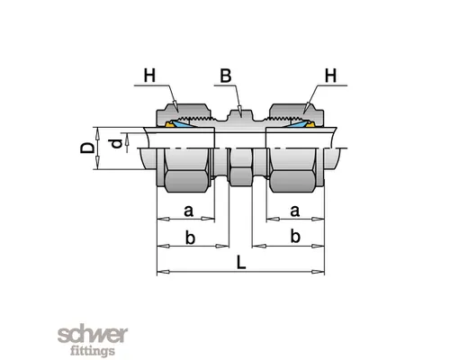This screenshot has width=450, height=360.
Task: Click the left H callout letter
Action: pyautogui.click(x=149, y=76)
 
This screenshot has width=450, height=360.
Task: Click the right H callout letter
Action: pyautogui.click(x=330, y=76)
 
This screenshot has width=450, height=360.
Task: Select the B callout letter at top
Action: pyautogui.click(x=226, y=76)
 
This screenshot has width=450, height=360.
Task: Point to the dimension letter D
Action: pyautogui.click(x=87, y=148)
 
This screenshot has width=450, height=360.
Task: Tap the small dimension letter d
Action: pyautogui.click(x=117, y=144)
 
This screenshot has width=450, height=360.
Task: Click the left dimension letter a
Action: pyautogui.click(x=188, y=211)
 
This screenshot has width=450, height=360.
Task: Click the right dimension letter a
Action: pyautogui.click(x=294, y=211)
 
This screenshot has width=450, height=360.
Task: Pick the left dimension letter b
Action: pyautogui.click(x=190, y=238)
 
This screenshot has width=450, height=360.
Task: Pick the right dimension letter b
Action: pyautogui.click(x=295, y=236)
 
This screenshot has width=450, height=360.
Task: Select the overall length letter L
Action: pyautogui.click(x=241, y=262)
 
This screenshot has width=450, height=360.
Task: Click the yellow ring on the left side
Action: pyautogui.click(x=170, y=124)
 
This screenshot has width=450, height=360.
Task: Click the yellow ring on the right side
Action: pyautogui.click(x=310, y=124)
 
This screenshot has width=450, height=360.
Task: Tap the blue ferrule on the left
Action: pyautogui.click(x=182, y=124)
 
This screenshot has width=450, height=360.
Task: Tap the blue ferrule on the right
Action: pyautogui.click(x=298, y=124)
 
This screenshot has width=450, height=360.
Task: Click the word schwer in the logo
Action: pyautogui.click(x=93, y=336)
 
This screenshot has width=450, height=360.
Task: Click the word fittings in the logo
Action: pyautogui.click(x=93, y=351)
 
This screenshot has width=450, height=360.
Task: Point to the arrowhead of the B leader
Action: pyautogui.click(x=239, y=110)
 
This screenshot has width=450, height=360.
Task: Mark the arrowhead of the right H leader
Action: pyautogui.click(x=305, y=109)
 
